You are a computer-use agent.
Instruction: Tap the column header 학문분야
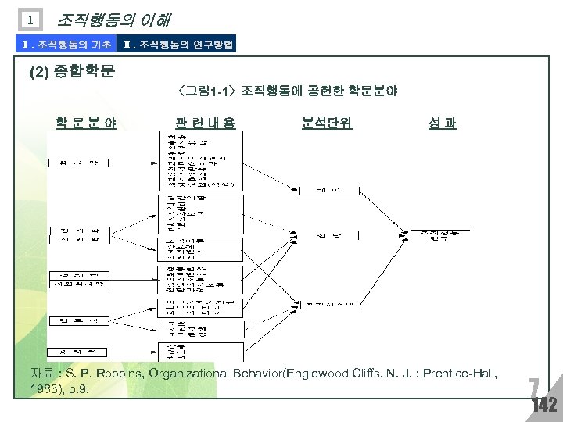(x=85, y=123)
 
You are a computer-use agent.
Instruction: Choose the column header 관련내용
(x=204, y=123)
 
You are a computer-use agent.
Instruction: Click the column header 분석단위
(x=327, y=123)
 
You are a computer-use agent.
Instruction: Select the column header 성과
(x=443, y=123)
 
